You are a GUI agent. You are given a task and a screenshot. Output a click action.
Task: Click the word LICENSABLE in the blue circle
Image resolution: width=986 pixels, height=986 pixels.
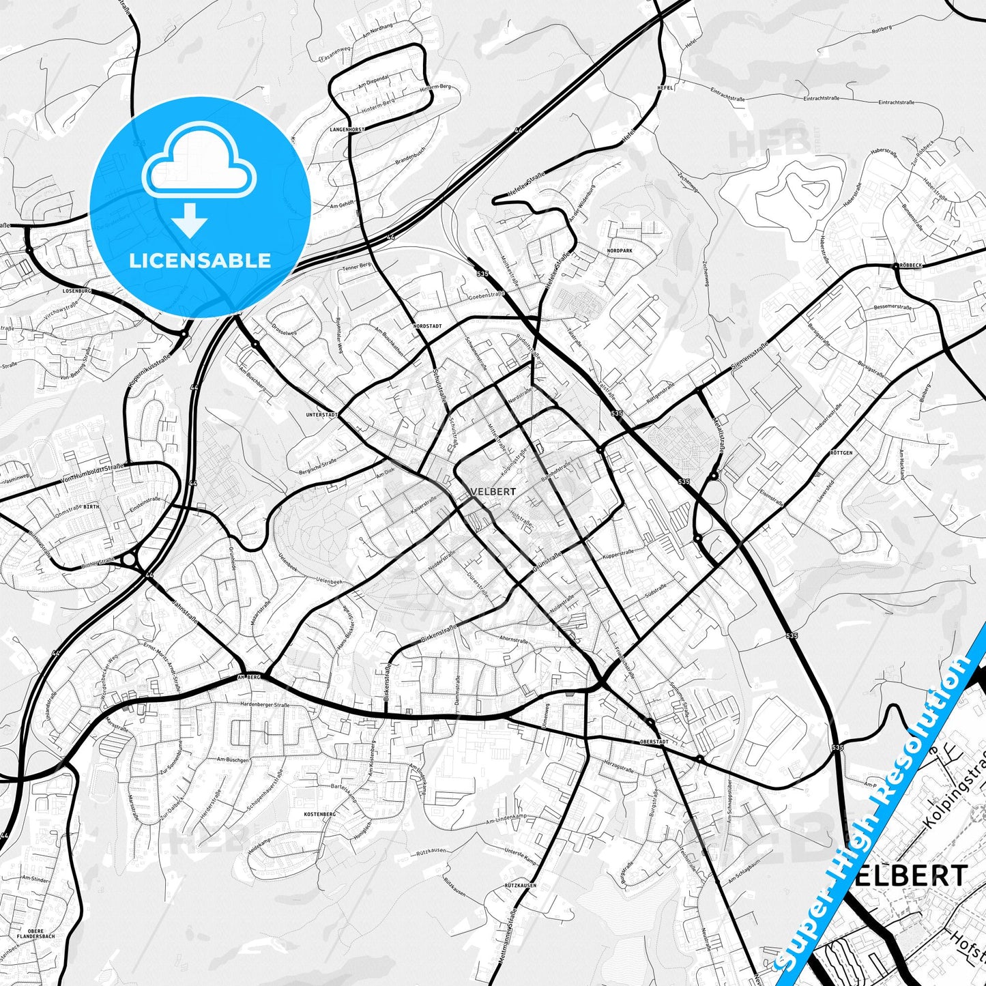[x=200, y=260]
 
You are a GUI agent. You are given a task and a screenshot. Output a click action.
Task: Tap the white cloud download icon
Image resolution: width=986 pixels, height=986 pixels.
[x=199, y=179]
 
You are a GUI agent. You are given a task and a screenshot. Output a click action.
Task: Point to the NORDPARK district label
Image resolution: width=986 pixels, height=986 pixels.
[x=619, y=251]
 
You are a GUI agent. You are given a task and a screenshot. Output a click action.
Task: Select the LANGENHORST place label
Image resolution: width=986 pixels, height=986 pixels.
[x=347, y=129]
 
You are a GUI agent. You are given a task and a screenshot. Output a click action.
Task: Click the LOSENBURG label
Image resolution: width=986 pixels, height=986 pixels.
[x=76, y=291]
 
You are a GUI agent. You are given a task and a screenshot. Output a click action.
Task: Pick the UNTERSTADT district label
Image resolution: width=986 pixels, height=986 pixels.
[x=322, y=414]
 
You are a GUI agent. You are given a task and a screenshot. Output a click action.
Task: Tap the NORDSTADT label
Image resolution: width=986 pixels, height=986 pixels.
[x=427, y=327]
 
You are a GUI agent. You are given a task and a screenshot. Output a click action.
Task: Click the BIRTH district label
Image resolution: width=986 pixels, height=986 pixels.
[x=91, y=507]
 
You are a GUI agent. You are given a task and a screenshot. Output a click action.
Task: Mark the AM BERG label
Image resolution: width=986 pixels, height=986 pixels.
[x=249, y=677]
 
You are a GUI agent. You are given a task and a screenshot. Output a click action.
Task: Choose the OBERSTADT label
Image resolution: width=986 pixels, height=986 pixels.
[x=654, y=741]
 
